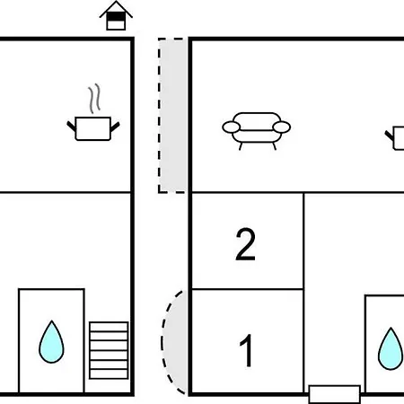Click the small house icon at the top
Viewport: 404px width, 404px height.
coord(116,15)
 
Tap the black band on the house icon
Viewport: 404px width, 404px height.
coord(116,16)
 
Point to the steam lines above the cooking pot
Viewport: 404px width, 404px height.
coord(94,99)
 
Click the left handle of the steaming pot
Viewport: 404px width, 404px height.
coord(72,127)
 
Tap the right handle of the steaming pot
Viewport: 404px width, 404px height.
coord(115,127)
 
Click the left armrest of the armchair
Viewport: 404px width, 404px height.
coord(232,127)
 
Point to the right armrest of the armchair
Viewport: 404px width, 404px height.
coord(281,127)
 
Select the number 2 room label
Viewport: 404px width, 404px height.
coord(245,244)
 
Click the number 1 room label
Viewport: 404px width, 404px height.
coord(247,350)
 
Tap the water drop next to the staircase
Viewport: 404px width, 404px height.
coord(51,342)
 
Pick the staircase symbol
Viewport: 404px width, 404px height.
coord(109,350)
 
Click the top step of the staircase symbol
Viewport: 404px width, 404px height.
coord(109,327)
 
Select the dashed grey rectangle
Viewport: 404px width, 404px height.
coord(171,116)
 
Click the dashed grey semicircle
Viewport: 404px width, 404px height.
coord(173,342)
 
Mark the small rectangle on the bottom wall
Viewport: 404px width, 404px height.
coord(334,394)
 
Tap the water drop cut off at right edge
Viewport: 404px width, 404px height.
coord(391,349)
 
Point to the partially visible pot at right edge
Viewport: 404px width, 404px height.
coord(395,137)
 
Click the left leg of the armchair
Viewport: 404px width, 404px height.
coord(241,146)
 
